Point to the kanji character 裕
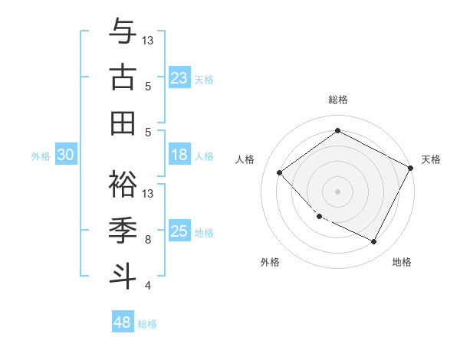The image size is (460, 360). (x=123, y=182)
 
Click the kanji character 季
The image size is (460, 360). (x=123, y=228)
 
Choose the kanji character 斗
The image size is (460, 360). (x=123, y=274)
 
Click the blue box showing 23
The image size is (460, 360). (x=179, y=78)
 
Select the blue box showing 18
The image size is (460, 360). (x=179, y=155)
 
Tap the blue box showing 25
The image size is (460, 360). (x=179, y=232)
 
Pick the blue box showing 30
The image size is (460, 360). (x=66, y=155)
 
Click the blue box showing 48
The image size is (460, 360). (x=123, y=322)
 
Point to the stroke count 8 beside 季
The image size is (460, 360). (x=148, y=240)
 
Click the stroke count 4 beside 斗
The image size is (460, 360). (x=148, y=286)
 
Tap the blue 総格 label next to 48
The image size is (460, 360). (x=148, y=324)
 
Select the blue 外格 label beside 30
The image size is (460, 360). (x=41, y=156)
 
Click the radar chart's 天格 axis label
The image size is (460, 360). (x=431, y=159)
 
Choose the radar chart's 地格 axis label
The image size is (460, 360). (x=402, y=263)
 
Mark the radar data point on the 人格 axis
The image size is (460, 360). (x=280, y=172)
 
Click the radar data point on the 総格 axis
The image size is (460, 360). (x=337, y=131)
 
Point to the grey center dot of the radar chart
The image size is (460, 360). (x=337, y=191)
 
